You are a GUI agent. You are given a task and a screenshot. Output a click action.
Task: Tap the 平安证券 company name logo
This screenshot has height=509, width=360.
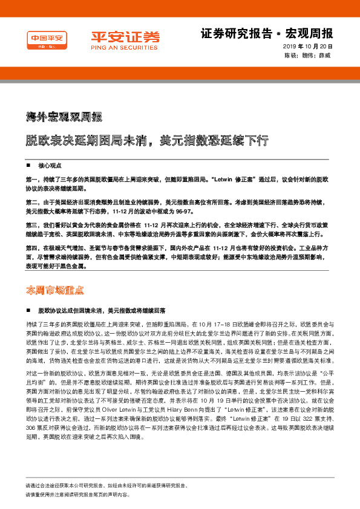pos(117,36)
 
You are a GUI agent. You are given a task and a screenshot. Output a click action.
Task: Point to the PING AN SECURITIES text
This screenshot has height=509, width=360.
pos(117,47)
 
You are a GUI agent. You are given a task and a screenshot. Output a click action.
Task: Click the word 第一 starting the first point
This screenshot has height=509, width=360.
pos(31,180)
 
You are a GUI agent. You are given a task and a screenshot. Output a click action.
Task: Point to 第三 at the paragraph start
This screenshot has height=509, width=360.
pos(31,224)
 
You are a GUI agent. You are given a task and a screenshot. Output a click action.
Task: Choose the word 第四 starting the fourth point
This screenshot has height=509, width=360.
pos(31,248)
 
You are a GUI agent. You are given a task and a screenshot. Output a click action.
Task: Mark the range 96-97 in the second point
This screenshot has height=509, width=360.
pos(168,212)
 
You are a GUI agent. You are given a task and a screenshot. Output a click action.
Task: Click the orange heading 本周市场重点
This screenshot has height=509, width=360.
pos(54,290)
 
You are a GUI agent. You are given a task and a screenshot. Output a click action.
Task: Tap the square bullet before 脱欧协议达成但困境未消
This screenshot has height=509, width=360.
pos(28,310)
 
